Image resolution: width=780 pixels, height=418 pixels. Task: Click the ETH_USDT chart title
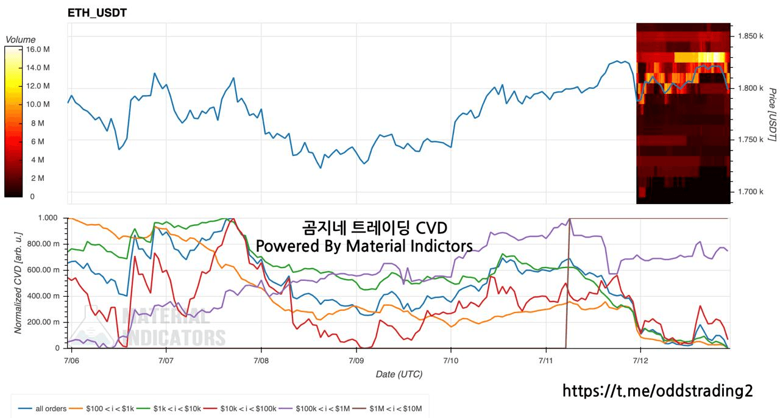(97, 13)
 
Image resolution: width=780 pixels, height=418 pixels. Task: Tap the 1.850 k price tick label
(750, 36)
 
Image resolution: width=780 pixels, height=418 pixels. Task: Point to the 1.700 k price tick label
(750, 191)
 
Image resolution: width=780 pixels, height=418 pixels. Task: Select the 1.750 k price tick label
(750, 140)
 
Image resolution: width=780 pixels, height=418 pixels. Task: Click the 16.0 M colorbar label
(38, 49)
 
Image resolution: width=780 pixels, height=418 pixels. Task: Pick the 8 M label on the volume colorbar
(38, 123)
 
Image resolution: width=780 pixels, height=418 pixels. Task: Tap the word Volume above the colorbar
(21, 40)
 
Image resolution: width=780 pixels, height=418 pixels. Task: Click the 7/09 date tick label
(356, 361)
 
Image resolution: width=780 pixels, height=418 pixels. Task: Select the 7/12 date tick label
(640, 361)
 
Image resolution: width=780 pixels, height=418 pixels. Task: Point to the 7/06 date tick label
(71, 361)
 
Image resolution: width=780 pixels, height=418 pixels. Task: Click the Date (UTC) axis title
(399, 375)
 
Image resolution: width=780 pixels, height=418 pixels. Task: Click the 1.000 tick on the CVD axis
(48, 218)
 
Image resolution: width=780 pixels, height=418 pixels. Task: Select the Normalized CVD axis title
(18, 283)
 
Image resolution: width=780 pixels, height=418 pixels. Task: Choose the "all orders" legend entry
(43, 409)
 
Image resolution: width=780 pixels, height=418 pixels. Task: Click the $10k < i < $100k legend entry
(240, 409)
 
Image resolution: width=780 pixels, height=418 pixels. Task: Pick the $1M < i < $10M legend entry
(387, 409)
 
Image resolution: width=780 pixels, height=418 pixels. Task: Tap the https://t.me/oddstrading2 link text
(658, 391)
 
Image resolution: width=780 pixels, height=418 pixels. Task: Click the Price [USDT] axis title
(772, 115)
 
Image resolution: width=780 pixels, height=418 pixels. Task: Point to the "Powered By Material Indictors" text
(364, 246)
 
